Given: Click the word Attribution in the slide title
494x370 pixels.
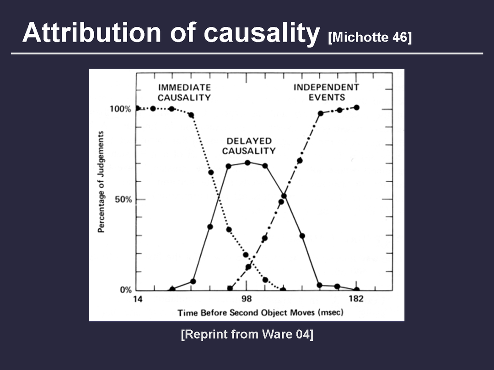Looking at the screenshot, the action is coord(91,32).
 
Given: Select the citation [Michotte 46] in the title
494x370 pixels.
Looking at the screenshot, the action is coord(370,37).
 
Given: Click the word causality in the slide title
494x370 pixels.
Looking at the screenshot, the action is coord(262,34).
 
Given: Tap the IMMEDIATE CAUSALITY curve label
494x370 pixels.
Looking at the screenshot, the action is coord(184,92).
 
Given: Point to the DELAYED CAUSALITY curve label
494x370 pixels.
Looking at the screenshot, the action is coord(249,146).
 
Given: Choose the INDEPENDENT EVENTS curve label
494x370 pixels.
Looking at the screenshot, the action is coord(327,92).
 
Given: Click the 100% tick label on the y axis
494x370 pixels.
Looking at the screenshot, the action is coord(120,109).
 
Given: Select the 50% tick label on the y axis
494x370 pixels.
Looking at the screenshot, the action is coord(123,200).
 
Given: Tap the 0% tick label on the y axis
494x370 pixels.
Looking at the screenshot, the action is coord(126,290).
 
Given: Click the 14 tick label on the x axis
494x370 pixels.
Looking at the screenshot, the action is coord(138,299).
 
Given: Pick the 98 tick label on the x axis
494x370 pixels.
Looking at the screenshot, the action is coord(247,299).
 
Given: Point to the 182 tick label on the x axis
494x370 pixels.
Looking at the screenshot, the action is coord(356,299).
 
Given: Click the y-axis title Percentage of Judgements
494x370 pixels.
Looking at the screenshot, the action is coord(101,182).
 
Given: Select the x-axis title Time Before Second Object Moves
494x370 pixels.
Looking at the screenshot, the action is coord(246,313).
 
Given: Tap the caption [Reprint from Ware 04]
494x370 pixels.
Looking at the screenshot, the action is coord(247,334).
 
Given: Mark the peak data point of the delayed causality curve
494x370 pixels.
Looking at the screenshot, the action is coord(247,163).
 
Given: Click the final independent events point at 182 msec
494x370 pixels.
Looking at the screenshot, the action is coord(357,108).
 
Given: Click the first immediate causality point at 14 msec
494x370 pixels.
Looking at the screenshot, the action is coord(137,108).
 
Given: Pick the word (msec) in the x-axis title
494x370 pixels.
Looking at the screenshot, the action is coord(331,313).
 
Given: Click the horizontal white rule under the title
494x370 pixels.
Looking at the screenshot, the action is coord(247,53).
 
